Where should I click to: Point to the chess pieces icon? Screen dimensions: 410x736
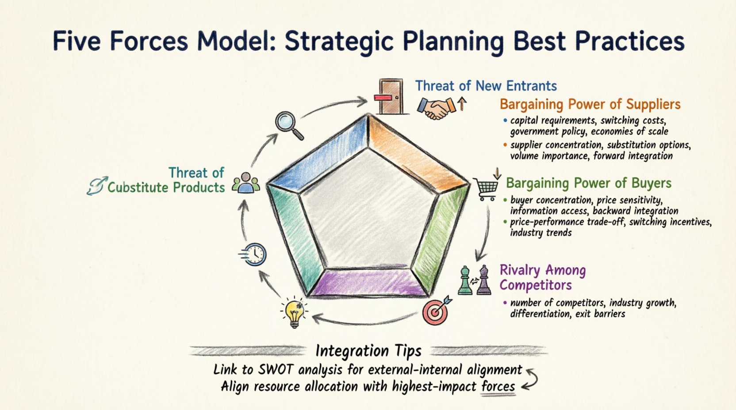474,280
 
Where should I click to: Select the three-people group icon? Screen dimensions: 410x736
246,183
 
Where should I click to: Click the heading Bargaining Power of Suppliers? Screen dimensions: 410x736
590,105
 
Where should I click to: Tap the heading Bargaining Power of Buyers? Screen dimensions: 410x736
589,183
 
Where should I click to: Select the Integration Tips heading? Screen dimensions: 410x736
368,351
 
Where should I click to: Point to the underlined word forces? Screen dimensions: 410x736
498,387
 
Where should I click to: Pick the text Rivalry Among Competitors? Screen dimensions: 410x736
542,277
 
